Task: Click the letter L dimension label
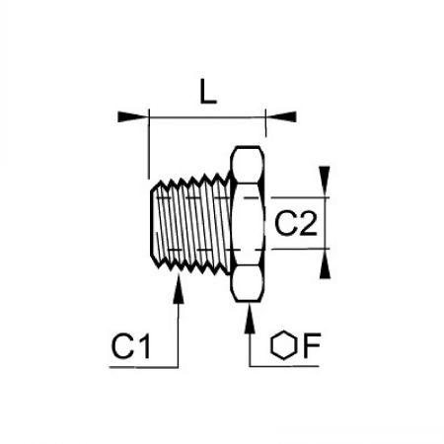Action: [208, 92]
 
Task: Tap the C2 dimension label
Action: [296, 224]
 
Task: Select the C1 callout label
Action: [131, 346]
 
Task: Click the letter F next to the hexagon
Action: [311, 345]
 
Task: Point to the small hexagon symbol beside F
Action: [284, 344]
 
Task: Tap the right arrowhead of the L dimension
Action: [281, 117]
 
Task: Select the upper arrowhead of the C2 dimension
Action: [325, 182]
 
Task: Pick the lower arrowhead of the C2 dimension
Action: [325, 263]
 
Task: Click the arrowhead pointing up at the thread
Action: [179, 288]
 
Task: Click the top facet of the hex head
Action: [248, 164]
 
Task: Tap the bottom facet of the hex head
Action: [248, 283]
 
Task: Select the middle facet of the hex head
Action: [248, 224]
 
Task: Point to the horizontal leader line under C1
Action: [143, 367]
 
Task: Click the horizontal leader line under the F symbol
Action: [284, 366]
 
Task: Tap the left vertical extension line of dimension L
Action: [149, 144]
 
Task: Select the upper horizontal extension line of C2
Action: [300, 198]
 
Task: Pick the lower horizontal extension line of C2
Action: [300, 249]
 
